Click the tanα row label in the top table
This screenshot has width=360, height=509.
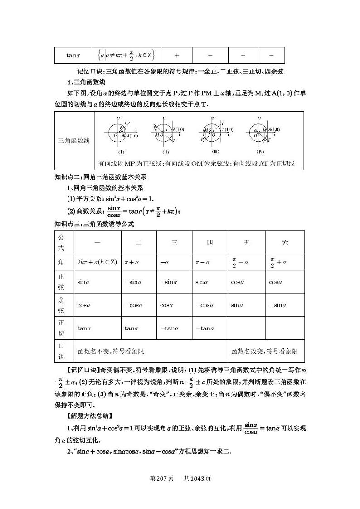tap(73, 55)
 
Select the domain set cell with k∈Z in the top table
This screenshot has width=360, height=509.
tap(126, 55)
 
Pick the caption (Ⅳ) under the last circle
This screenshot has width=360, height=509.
tap(260, 152)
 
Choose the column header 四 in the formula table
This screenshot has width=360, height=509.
tap(210, 243)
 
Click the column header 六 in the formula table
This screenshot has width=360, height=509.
tap(285, 243)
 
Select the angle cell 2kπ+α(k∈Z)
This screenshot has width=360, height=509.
tap(97, 262)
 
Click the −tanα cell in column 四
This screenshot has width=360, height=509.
tap(204, 328)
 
